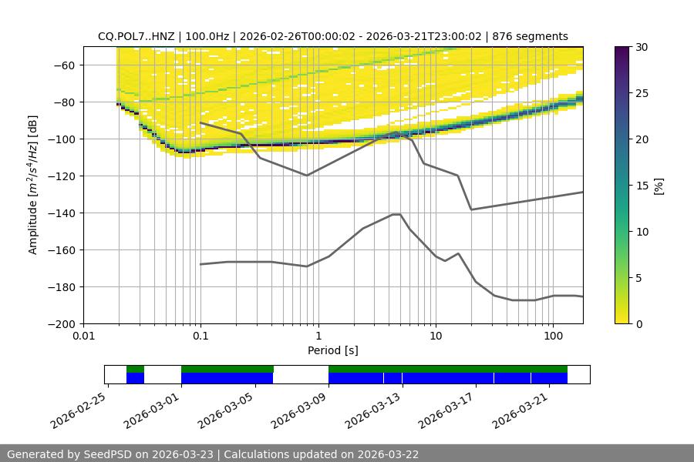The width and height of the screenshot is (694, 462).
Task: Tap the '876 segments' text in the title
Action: tap(531, 36)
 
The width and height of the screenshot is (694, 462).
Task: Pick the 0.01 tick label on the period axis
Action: tap(83, 336)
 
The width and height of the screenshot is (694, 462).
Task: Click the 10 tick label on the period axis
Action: tap(435, 336)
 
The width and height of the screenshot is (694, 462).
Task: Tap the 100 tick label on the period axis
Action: tap(552, 336)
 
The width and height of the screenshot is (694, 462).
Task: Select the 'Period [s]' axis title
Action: tap(333, 350)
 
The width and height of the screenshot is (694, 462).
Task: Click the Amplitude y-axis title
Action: tap(32, 185)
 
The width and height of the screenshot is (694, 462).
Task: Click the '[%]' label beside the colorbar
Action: tap(660, 186)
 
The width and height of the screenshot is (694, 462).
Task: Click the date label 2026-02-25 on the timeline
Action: tap(79, 408)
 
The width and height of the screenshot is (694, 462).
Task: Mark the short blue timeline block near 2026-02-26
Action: tap(135, 378)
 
